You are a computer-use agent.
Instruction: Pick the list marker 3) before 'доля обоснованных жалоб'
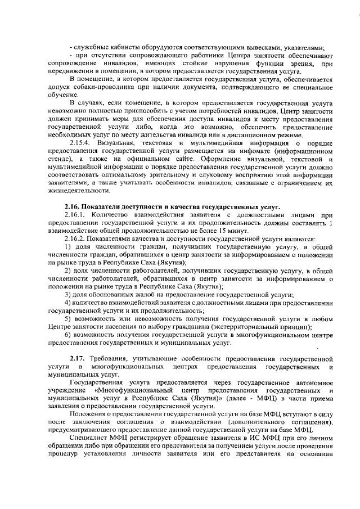click(x=67, y=295)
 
